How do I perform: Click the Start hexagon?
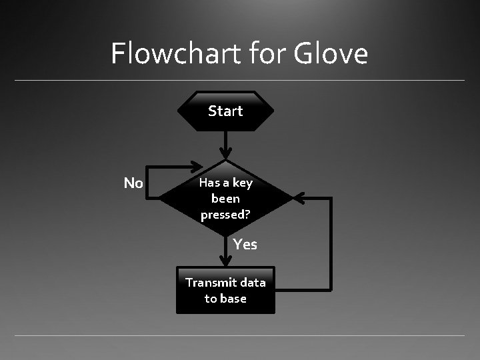[225, 111]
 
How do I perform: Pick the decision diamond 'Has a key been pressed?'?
[225, 198]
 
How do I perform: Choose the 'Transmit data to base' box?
[225, 291]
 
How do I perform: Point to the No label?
[133, 183]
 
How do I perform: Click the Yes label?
[245, 245]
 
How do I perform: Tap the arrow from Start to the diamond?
[226, 145]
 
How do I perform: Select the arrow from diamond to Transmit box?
[226, 252]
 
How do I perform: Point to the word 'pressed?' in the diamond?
[225, 215]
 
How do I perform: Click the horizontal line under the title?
[240, 81]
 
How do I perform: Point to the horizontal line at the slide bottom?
[240, 335]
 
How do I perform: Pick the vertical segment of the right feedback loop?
[331, 243]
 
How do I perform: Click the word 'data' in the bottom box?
[252, 283]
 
